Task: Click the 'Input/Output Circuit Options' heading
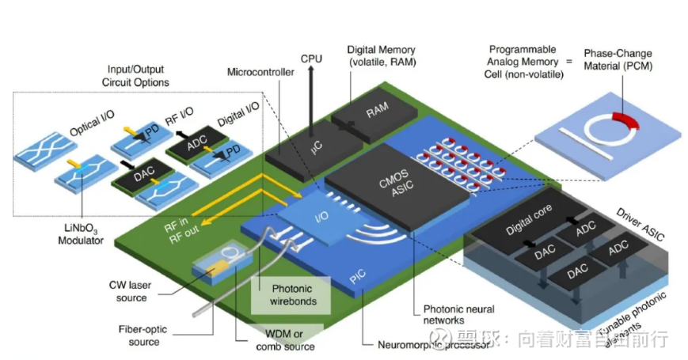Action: (x=135, y=77)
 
